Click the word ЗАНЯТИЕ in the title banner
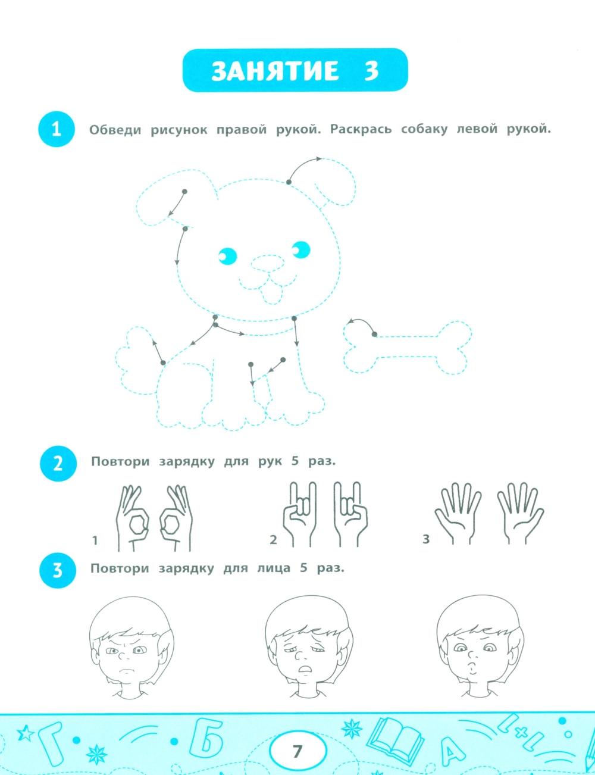[x=275, y=71]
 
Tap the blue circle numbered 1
[x=57, y=129]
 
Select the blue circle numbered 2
[x=58, y=464]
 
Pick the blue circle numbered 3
[x=58, y=570]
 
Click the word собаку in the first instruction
[x=424, y=129]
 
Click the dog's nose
[x=268, y=264]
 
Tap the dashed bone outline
[x=408, y=348]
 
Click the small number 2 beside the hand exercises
[x=274, y=540]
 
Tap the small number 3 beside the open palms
[x=425, y=539]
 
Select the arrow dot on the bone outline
[x=374, y=334]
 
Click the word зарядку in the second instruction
[x=187, y=461]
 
